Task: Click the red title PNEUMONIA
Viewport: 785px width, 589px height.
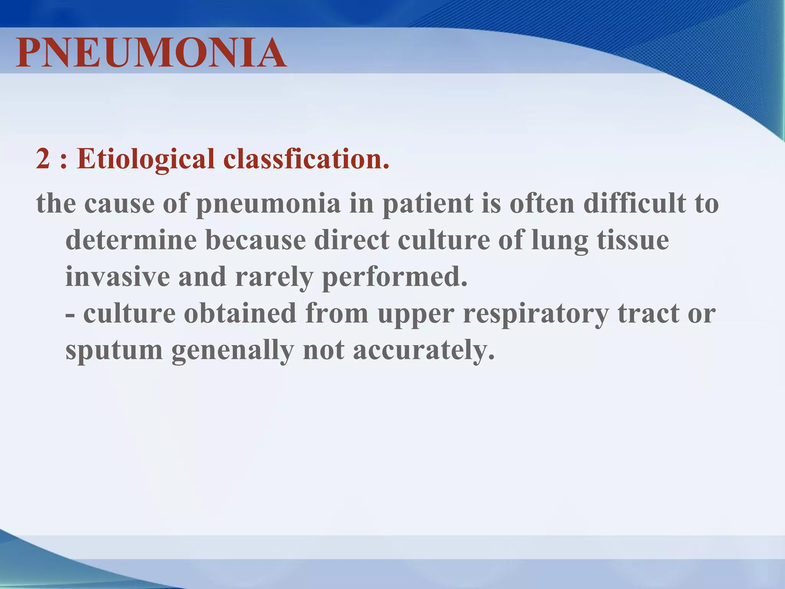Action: coord(151,53)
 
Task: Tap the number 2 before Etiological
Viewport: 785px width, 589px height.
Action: coord(43,159)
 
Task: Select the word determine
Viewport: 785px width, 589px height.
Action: coord(131,240)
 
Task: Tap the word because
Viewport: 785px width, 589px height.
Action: coord(256,240)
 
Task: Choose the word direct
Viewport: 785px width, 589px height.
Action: coord(351,240)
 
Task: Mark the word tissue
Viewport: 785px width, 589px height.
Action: coord(633,240)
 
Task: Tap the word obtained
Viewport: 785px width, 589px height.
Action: coord(240,313)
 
